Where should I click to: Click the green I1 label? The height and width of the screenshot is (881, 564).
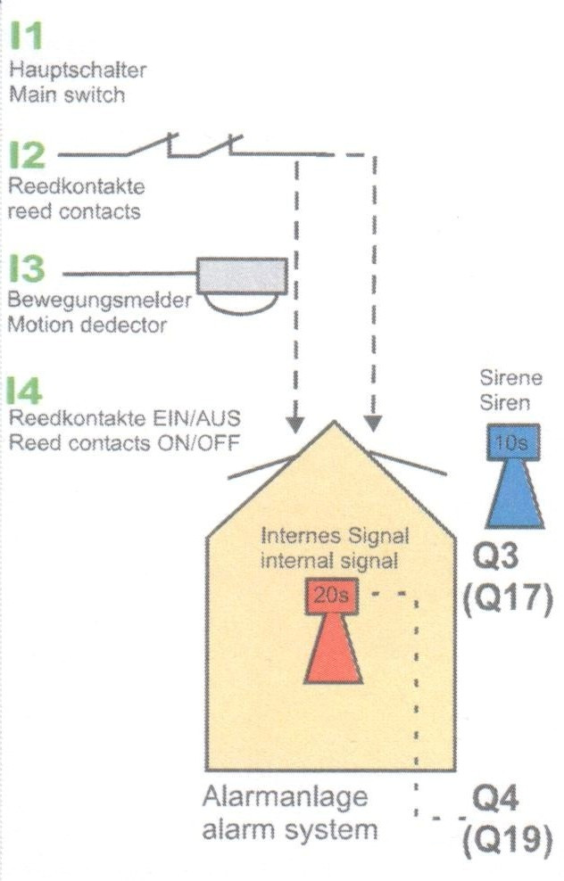pos(26,37)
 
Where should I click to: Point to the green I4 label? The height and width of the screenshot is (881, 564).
pos(26,391)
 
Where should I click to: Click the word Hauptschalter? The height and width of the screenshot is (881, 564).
pos(77,70)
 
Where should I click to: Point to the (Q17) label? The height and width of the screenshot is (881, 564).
pos(508,598)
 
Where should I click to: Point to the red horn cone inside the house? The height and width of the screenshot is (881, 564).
pos(334,652)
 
